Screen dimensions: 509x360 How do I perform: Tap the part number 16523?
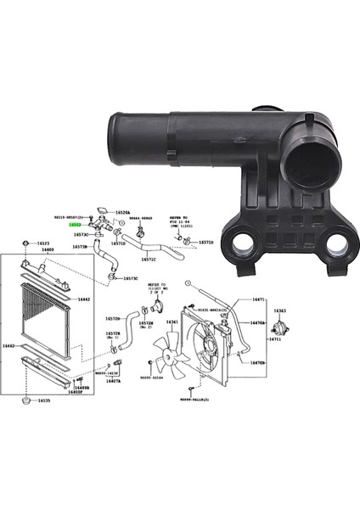pos(43,243)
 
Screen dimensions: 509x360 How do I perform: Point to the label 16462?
pos(8,346)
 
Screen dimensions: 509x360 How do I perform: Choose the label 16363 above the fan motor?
pos(279,311)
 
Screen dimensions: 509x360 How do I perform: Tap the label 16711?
pos(275,339)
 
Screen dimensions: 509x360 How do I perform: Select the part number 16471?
pos(259,299)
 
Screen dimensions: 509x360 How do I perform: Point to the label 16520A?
pos(123,212)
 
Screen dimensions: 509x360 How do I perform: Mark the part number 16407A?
pos(113,382)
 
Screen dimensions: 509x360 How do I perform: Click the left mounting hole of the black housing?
pos(241,245)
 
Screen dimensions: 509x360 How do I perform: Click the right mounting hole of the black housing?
pos(336,245)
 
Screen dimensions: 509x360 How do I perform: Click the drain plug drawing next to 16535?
pos(28,399)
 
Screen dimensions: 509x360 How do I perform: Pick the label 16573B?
pos(79,247)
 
